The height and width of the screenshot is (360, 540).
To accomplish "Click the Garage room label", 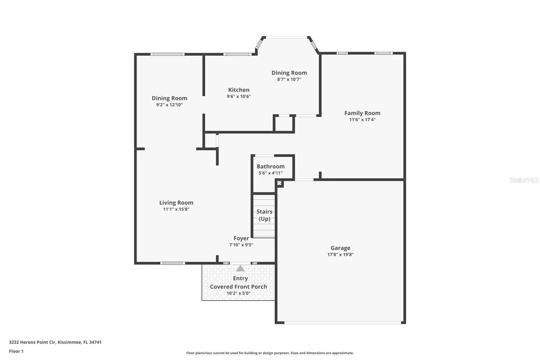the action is coord(341,248).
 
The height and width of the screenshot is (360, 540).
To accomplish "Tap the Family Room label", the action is coord(362,113).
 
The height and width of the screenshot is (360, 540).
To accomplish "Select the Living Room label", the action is coord(176,203).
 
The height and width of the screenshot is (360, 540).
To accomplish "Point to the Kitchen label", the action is coord(239,90).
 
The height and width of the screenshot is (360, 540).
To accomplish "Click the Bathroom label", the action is coord(270,166).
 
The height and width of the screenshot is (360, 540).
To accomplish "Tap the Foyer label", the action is coord(241,238).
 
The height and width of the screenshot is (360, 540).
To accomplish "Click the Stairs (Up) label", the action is coord(265,215).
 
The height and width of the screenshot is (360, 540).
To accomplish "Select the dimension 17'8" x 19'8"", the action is coord(341,254).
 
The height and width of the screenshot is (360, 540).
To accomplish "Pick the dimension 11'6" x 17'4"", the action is coord(362,120).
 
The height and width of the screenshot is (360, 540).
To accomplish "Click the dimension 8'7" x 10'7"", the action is coord(289,79).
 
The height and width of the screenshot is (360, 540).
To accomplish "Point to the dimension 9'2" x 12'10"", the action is coord(169,105).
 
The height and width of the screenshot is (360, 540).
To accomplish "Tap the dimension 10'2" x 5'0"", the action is coord(239,293).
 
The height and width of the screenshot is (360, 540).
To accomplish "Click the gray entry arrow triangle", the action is coord(240,268).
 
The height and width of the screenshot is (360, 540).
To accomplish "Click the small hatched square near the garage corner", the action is coord(279,183).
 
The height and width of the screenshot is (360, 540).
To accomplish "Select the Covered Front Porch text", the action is coord(239,287).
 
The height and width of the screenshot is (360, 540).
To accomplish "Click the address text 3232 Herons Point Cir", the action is coord(32,342).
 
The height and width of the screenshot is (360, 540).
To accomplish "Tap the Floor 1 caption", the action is coord(16,351).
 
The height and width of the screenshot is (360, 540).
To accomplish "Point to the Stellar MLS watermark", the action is coord(524,180).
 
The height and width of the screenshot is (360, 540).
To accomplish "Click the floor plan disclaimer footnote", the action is coord(270,353).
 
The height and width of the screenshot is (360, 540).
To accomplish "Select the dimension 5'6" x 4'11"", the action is coord(270,173).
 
